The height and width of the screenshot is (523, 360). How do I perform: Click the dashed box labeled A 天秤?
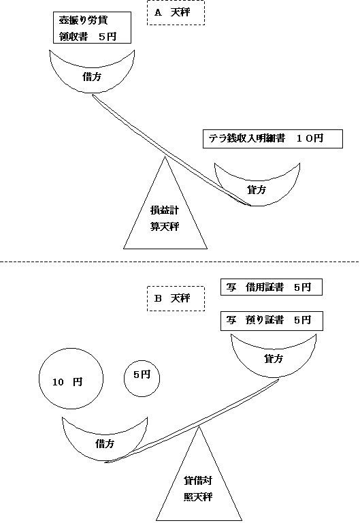(176, 13)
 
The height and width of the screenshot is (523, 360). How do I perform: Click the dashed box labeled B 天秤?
(176, 298)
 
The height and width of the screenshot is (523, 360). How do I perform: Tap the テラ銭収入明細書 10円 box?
(272, 138)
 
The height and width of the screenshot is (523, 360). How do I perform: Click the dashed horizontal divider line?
(180, 261)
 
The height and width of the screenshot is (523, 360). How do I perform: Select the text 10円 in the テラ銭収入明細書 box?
(310, 138)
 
